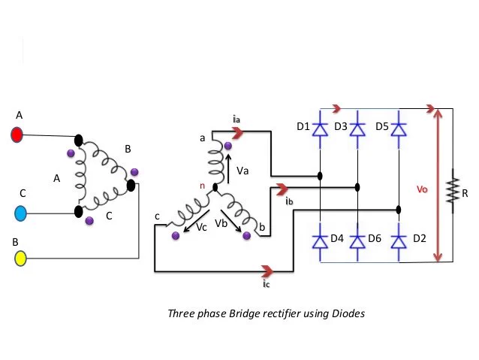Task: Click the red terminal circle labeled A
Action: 17,135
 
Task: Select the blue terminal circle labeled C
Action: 20,213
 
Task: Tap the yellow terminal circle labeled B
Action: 20,258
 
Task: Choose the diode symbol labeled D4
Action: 320,242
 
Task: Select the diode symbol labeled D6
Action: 357,242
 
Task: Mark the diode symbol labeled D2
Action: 399,242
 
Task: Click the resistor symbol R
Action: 453,191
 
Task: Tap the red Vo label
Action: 422,189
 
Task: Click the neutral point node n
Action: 215,187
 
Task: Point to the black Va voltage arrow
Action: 228,169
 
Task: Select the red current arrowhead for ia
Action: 238,133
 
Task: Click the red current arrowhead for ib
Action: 282,189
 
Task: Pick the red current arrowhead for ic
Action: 267,271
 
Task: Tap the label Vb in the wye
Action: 221,223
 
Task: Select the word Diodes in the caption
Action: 348,314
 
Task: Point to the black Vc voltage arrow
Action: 197,220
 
